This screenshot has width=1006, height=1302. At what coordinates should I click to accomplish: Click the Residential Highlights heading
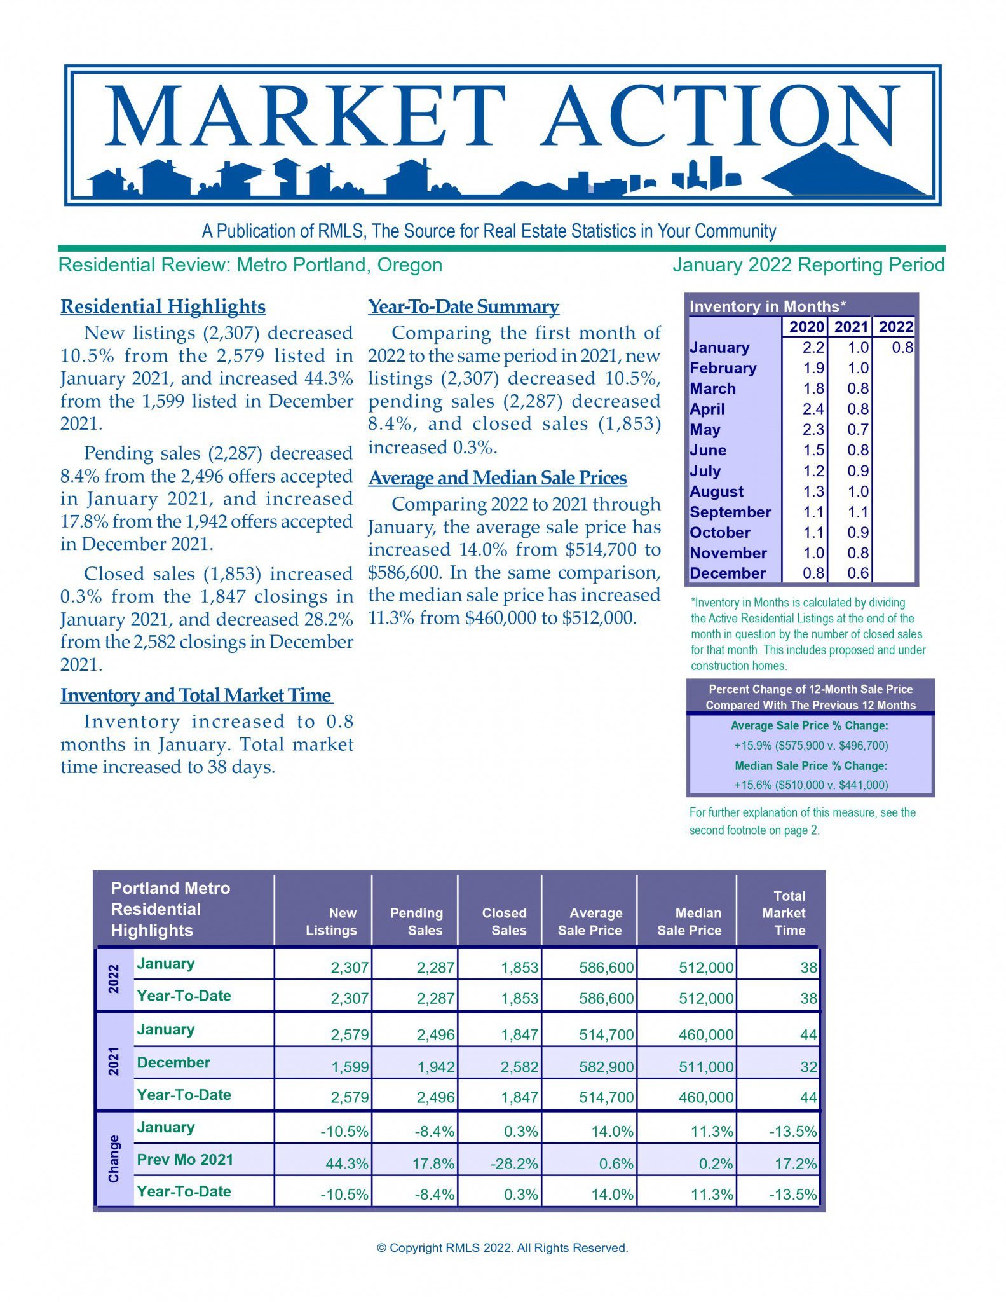coord(163,306)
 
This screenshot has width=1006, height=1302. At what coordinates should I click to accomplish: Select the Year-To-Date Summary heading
coord(463,306)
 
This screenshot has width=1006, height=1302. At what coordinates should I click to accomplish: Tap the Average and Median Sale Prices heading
coord(498,477)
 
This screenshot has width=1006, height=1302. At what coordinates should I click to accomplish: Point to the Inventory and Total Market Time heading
coord(196,695)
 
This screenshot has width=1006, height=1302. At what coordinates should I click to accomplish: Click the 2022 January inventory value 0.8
coord(902,347)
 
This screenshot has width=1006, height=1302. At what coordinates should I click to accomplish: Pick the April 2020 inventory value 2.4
coord(813,409)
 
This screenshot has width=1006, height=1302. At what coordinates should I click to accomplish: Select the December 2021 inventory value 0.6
coord(857,573)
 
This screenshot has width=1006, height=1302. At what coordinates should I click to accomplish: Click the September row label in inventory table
coord(730,512)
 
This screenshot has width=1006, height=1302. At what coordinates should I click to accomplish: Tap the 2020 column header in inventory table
coord(806,327)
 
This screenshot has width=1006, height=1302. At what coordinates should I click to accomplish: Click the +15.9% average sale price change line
coord(811,745)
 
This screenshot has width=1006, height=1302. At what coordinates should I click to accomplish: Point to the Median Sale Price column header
coord(690,921)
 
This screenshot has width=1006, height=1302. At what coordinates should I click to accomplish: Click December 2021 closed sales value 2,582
coord(519,1067)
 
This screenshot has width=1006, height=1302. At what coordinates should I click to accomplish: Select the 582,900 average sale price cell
coord(606,1067)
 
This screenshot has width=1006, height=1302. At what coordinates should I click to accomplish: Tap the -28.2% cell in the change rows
coord(514,1163)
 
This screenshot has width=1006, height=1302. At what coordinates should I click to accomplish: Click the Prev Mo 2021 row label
coord(185,1159)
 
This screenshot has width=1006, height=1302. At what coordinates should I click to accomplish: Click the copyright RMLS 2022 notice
coord(502,1247)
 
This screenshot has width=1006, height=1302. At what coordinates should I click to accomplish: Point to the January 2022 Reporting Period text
coord(808,264)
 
